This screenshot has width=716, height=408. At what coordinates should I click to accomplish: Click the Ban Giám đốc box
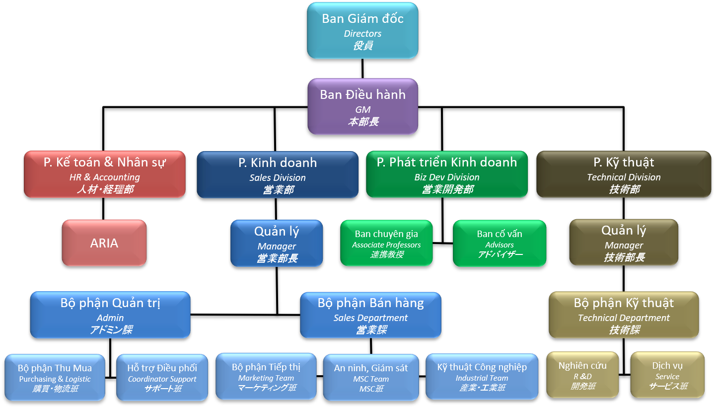(x=362, y=31)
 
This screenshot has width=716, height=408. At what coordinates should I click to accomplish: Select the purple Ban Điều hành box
(x=362, y=106)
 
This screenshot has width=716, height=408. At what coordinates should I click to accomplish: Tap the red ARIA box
(x=104, y=243)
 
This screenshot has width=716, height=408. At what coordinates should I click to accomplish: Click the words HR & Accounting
(x=105, y=177)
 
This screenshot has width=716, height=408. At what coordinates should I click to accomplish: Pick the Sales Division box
(x=278, y=174)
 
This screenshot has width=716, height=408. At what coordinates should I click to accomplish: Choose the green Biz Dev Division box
(x=447, y=174)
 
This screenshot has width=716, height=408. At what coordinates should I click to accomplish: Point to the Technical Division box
(x=624, y=174)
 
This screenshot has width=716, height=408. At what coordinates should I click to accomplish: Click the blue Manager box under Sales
(x=277, y=244)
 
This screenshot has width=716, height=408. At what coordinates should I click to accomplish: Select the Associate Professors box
(x=386, y=244)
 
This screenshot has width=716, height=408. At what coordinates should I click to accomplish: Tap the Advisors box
(x=500, y=244)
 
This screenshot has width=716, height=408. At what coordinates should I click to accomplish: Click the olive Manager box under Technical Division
(x=624, y=243)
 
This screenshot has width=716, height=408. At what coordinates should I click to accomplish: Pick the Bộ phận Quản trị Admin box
(x=110, y=315)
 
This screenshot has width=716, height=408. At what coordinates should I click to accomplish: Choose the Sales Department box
(x=370, y=315)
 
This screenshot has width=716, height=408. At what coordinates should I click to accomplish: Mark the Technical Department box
(x=624, y=315)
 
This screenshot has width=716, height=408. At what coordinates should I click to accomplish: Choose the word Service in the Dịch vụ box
(x=667, y=377)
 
